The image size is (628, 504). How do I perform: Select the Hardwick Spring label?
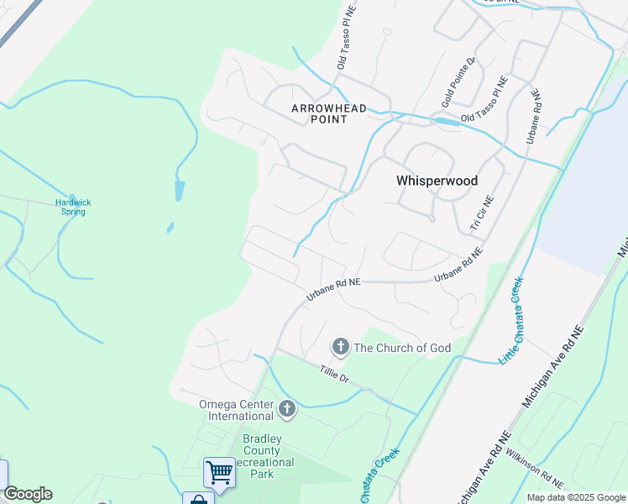pos(73,207)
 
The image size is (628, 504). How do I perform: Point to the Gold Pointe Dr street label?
pos(459,82)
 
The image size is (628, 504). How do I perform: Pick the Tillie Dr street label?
pos(334,375)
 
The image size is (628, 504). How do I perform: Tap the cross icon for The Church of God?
pos(340,346)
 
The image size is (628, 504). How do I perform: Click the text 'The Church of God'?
pos(402,348)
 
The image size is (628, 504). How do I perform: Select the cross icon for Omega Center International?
pos(287,409)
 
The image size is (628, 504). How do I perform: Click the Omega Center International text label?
pos(236,410)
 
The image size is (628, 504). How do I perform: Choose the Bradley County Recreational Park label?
pos(268,456)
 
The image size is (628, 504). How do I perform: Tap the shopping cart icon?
pos(219,471)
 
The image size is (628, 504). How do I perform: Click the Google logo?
pos(28,494)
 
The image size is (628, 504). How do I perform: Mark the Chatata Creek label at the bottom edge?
pos(379,475)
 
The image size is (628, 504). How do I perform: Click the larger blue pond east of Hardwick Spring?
pos(179,191)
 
